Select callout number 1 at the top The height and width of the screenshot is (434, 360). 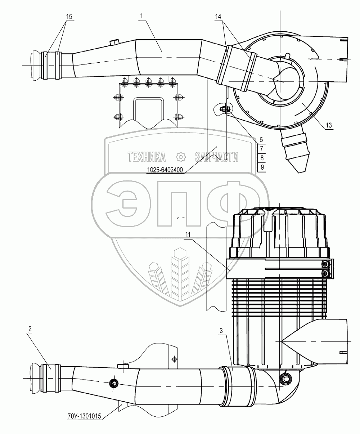(142, 16)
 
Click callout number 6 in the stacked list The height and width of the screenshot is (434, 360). (262, 139)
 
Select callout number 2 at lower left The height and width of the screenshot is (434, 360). (30, 329)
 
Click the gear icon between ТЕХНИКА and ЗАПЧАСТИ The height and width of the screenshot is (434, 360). (180, 156)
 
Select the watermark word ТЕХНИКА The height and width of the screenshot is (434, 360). (147, 156)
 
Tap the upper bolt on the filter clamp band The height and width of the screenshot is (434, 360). (326, 265)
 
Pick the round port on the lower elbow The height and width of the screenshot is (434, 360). (286, 378)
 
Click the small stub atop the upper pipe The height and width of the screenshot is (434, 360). (114, 42)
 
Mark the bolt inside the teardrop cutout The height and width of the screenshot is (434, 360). (225, 109)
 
